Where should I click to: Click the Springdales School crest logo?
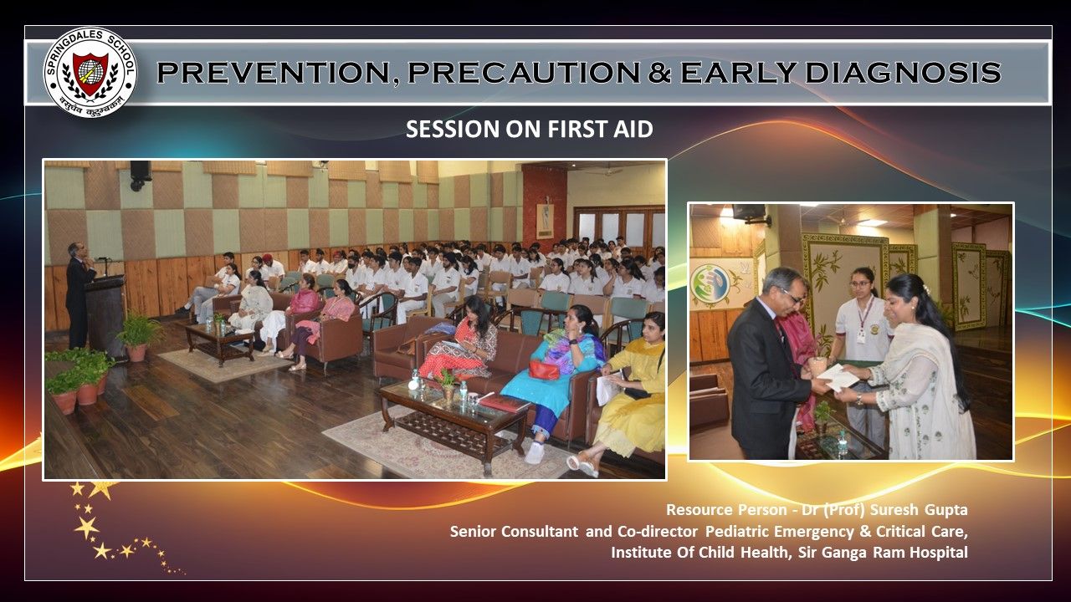coord(90,72)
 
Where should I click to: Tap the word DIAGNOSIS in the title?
coord(903,72)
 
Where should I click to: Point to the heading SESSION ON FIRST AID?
coord(530,129)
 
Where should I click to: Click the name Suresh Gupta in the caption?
coord(919,510)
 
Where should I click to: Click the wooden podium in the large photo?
coord(105,318)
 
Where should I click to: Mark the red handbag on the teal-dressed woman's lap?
coord(544,370)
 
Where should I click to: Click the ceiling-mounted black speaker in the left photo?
coord(140,175)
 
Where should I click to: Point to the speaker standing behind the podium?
coord(79,295)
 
